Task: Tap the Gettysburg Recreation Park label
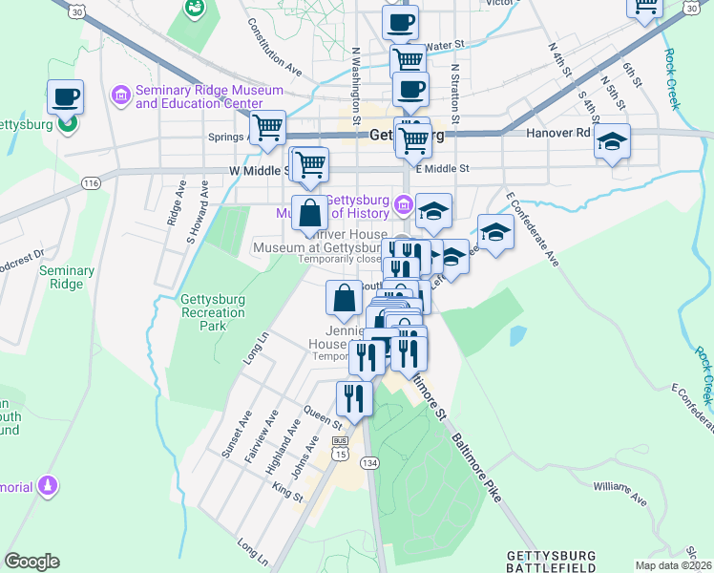pyautogui.click(x=212, y=312)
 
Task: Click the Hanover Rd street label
pyautogui.click(x=557, y=134)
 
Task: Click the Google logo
pyautogui.click(x=31, y=562)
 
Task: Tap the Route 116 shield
pyautogui.click(x=92, y=182)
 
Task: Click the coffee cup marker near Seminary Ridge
pyautogui.click(x=66, y=96)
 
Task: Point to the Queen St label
pyautogui.click(x=323, y=416)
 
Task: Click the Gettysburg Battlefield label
pyautogui.click(x=551, y=561)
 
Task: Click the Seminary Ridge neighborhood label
pyautogui.click(x=67, y=277)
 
